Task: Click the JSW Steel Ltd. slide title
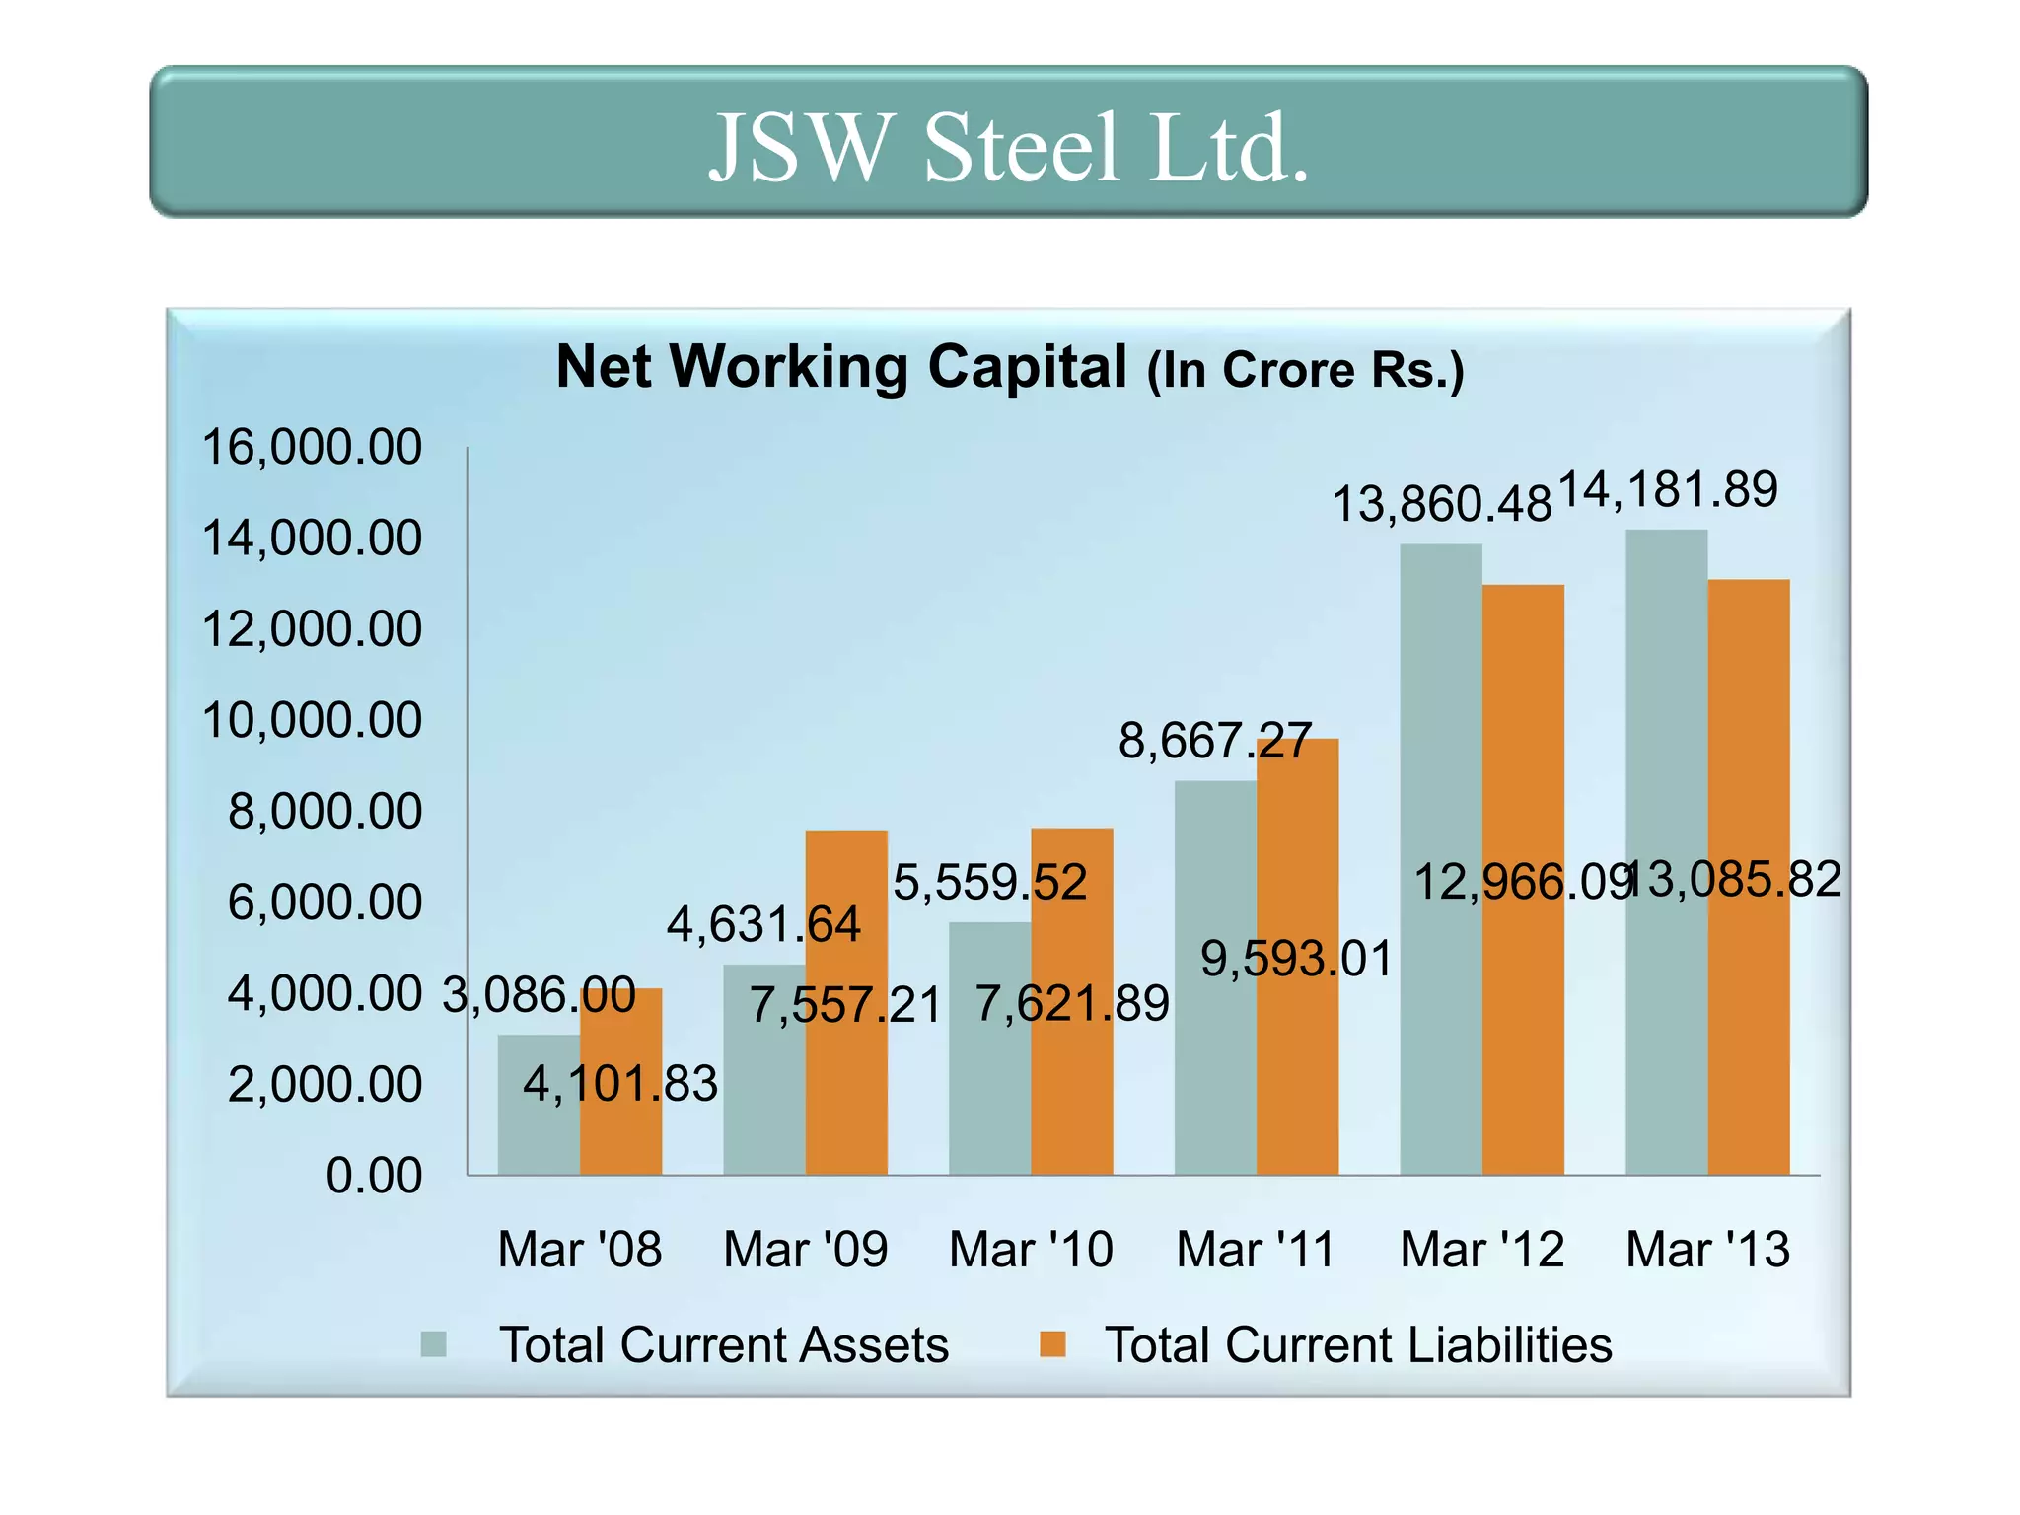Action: (1009, 148)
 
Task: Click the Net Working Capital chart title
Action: (1009, 368)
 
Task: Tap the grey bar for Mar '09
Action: (763, 1075)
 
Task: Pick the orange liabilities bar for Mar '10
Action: (1072, 1085)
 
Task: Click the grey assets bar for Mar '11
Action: (1215, 986)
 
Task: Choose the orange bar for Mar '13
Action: (1749, 986)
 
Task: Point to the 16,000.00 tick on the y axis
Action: (312, 447)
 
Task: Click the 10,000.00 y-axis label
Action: (312, 720)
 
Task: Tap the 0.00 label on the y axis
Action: (374, 1176)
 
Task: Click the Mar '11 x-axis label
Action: (1256, 1250)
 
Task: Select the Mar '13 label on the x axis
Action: (1707, 1250)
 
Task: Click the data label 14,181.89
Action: (1668, 490)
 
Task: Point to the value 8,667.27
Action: (1215, 741)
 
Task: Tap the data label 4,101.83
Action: (620, 1084)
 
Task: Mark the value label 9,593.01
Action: (1297, 959)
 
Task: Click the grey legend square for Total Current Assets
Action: (434, 1344)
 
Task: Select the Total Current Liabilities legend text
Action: (1358, 1345)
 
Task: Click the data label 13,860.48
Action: (1441, 505)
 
